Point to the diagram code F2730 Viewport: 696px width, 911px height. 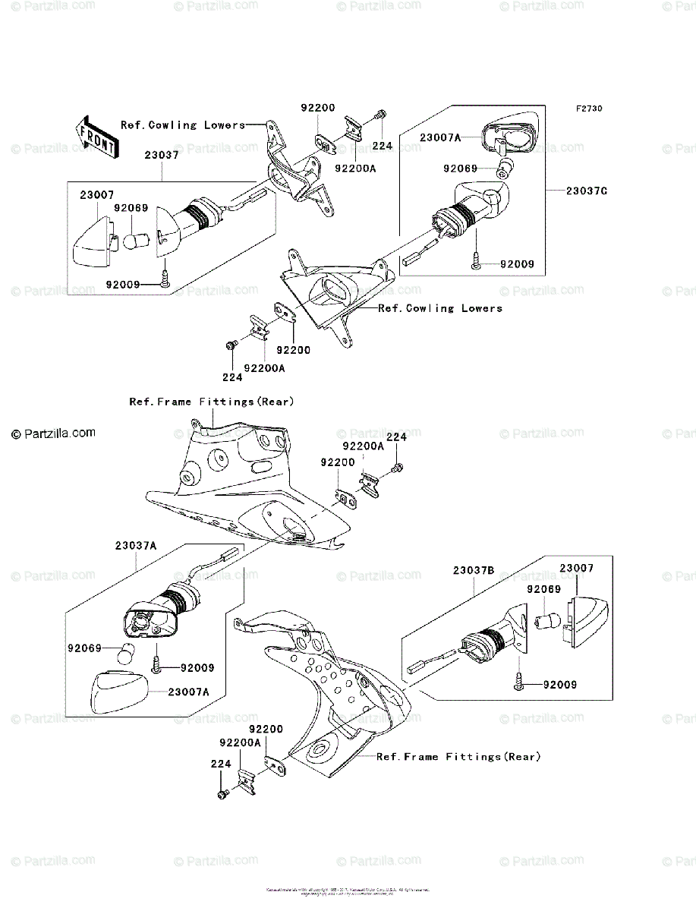(588, 109)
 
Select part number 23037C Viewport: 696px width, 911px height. (586, 191)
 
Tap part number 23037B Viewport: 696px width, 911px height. (474, 570)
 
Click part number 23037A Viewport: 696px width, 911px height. (137, 545)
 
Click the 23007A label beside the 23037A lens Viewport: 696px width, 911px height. (189, 692)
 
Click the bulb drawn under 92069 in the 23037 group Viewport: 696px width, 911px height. (135, 242)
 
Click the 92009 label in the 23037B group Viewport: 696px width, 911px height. (559, 685)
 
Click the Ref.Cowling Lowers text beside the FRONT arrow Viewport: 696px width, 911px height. (183, 125)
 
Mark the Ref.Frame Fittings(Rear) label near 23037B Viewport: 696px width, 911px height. (458, 757)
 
